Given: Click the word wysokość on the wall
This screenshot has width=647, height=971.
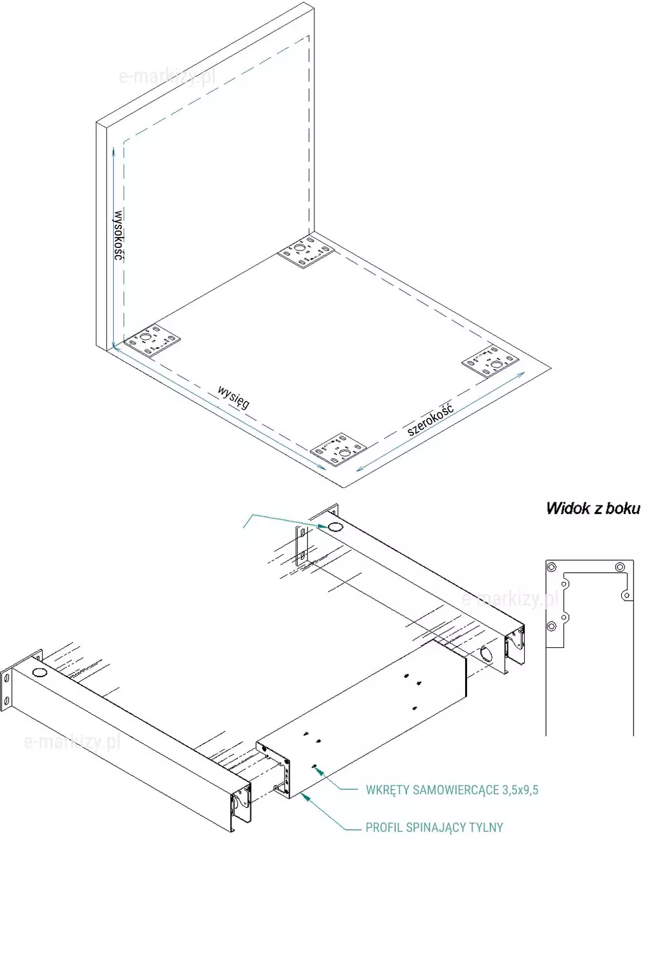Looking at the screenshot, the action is click(118, 236).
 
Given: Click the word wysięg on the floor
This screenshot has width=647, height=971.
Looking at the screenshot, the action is click(234, 397).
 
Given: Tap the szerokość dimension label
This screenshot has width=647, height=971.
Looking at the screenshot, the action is click(430, 419).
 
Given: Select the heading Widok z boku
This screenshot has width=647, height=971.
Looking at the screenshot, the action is click(593, 508).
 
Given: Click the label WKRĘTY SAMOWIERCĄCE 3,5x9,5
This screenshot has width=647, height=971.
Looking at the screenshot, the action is click(452, 790).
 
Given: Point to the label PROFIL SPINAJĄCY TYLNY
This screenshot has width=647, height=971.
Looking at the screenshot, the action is click(434, 827).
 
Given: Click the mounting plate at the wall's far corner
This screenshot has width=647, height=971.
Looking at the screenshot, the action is click(306, 252).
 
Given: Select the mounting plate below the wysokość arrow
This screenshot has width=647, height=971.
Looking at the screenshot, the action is click(151, 340).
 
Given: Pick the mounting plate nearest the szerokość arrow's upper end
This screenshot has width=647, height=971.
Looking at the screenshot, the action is click(490, 361).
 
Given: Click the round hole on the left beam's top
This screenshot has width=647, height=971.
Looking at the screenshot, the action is click(39, 673).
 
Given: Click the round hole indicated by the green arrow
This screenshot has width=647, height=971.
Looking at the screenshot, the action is click(334, 527).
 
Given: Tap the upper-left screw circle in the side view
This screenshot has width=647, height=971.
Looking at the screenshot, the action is click(551, 567).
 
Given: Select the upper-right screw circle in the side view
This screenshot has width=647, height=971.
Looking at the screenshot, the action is click(620, 567).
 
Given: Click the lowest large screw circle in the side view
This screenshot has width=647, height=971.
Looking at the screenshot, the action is click(551, 627).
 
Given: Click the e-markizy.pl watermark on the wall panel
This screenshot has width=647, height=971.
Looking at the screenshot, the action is click(167, 78).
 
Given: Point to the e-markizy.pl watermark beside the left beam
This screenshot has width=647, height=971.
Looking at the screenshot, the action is click(72, 742).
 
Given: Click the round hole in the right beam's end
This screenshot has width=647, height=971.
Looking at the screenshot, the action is click(487, 653).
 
